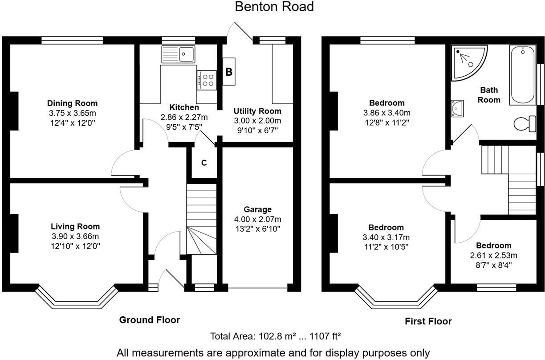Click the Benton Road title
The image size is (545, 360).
coord(274,7)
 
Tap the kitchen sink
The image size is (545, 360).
coord(178,54)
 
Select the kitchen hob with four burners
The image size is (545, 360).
coord(207,80)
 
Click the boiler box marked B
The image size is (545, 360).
coord(229,72)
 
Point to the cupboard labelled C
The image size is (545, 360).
coord(204,163)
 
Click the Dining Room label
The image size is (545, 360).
coord(72,104)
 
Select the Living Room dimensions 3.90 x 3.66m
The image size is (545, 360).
coord(75,236)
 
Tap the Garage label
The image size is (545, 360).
coord(257,209)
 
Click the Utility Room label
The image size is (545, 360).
coord(258,111)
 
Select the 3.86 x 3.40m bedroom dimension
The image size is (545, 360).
coord(386,113)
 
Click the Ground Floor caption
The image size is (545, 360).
coord(150,320)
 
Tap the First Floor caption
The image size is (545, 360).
coord(428,321)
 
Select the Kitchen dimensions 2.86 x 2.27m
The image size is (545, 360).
coord(184,118)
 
